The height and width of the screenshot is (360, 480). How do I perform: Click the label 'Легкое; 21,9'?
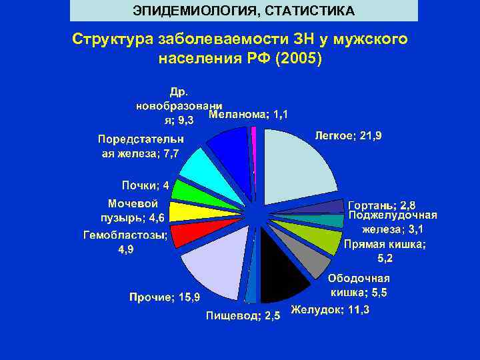pos(347,136)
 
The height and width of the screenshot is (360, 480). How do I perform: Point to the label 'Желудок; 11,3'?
pos(331,311)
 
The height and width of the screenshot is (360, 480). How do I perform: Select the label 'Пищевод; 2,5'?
pos(243,315)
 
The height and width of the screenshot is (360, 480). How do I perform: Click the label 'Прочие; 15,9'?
pos(169,296)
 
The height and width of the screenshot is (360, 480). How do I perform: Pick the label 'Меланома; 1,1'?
pos(249,115)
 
